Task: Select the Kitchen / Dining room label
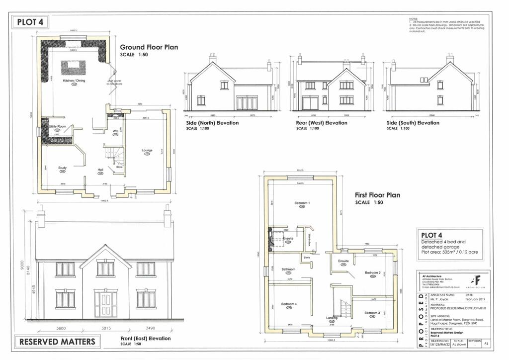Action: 73,81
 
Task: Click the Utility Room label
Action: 58,127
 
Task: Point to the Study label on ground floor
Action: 62,168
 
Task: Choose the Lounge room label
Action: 147,150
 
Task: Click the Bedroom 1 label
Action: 302,203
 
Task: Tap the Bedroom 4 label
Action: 289,304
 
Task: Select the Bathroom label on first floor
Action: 289,269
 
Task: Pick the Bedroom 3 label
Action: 372,313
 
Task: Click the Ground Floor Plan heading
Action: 149,47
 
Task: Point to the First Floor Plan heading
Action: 377,195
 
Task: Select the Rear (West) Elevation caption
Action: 321,123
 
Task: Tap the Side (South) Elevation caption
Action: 413,123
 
